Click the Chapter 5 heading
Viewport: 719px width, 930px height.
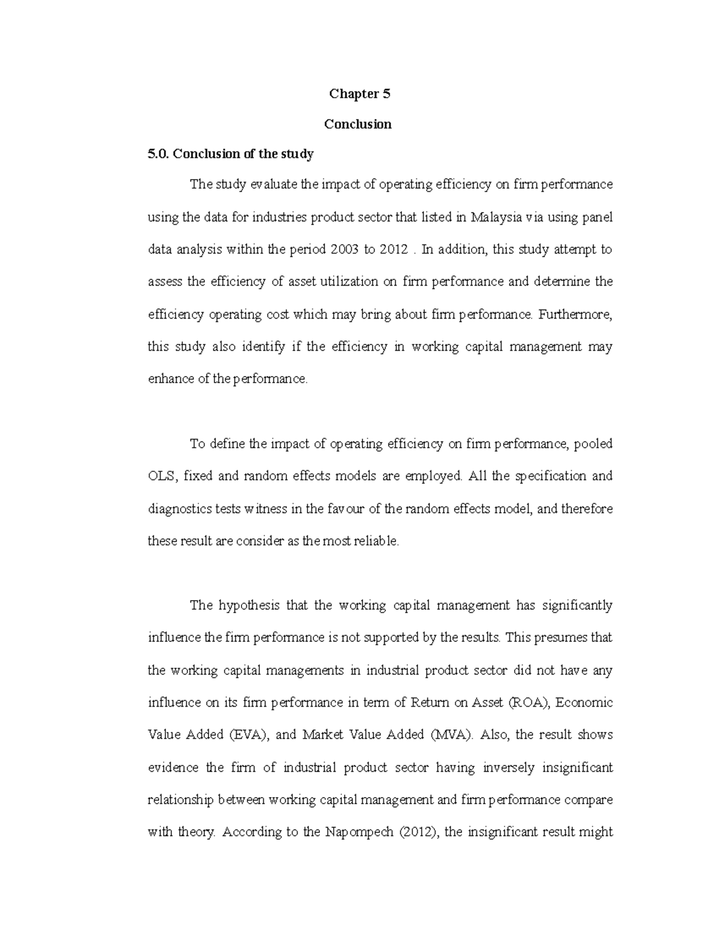(x=359, y=94)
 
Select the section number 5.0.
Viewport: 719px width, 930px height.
(x=159, y=154)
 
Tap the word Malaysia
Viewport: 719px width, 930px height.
(x=496, y=217)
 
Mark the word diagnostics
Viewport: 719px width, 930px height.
(x=177, y=509)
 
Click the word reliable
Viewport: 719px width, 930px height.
(x=373, y=541)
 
